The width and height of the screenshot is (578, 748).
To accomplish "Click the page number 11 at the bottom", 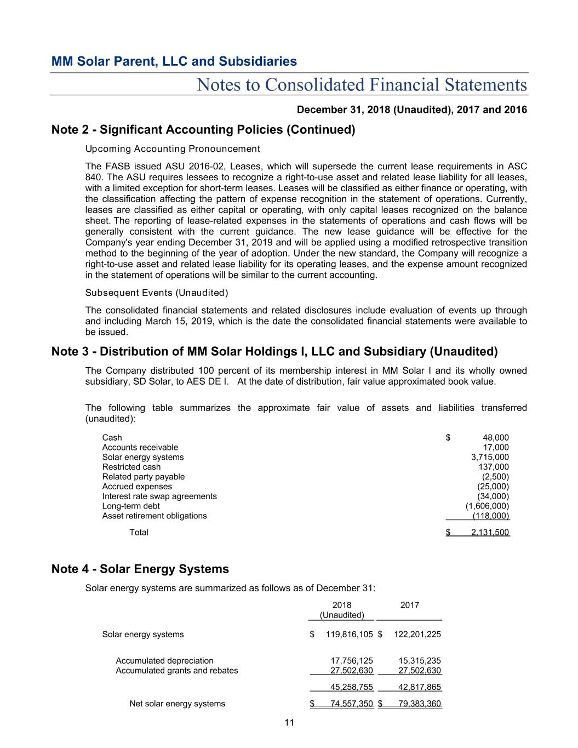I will (x=289, y=723).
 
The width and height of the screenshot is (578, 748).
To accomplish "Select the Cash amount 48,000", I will (x=495, y=437).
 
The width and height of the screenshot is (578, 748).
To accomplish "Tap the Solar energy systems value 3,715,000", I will (x=490, y=457).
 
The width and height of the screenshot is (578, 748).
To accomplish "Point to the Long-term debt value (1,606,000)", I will (x=487, y=506).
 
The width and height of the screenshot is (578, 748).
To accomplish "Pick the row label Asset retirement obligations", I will (x=154, y=516).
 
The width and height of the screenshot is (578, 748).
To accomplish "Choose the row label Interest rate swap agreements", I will (x=159, y=496).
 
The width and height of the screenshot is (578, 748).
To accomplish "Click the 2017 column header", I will (x=410, y=605).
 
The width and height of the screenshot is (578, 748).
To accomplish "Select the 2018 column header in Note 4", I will (x=342, y=605).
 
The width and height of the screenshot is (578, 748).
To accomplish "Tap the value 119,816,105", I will (x=350, y=635).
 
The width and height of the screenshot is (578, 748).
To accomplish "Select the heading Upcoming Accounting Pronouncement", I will (x=173, y=149).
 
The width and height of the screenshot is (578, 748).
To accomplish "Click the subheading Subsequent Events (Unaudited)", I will (x=157, y=293).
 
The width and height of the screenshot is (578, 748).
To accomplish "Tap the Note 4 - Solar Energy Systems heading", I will (x=140, y=569).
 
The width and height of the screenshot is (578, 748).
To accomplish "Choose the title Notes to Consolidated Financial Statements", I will (x=362, y=85).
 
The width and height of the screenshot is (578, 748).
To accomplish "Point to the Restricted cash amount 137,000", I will (x=494, y=467).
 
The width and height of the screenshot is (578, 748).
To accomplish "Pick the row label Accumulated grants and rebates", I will (x=177, y=671).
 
